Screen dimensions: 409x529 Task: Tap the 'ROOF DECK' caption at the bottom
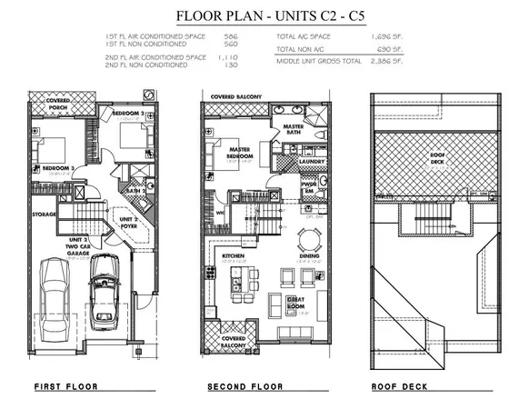coord(402,387)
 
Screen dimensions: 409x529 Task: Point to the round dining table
coord(310,240)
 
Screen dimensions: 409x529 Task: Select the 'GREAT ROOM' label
coord(296,302)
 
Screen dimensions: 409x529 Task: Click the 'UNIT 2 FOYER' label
coord(128,221)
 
